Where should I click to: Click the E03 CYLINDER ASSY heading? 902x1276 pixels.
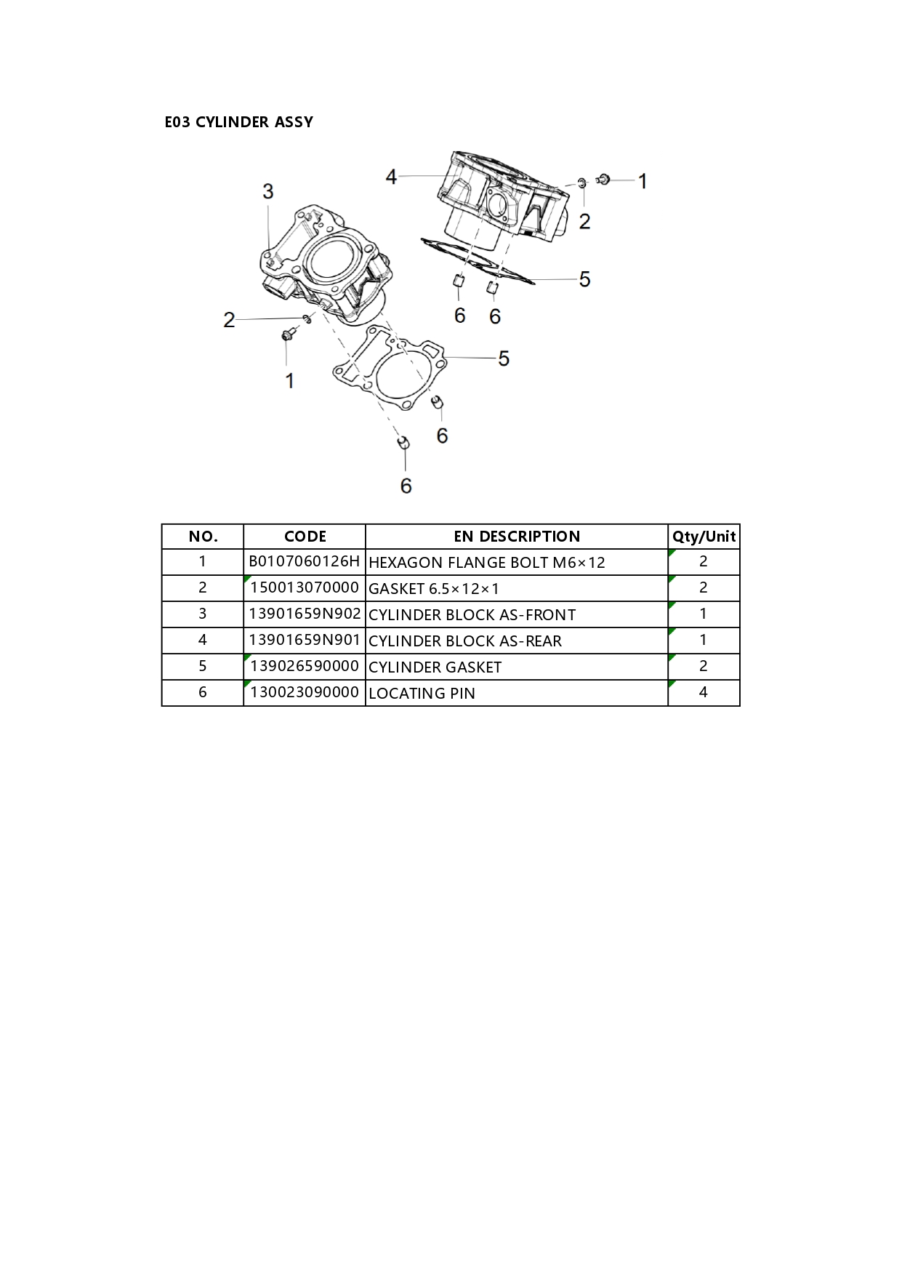coord(238,122)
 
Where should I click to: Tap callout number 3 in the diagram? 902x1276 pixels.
coord(268,191)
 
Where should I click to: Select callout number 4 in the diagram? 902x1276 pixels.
coord(391,177)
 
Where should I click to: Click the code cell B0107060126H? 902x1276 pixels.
coord(305,561)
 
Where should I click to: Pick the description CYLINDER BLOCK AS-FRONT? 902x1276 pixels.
coord(472,615)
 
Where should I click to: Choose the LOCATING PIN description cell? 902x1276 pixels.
coord(422,694)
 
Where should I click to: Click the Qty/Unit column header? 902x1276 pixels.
coord(704,537)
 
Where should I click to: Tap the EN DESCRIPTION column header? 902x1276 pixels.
coord(517,537)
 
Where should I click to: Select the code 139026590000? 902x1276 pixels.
coord(305,666)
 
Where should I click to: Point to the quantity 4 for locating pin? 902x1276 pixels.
coord(703,692)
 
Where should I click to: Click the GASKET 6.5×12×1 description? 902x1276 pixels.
coord(434,589)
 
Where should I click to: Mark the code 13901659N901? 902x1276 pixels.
coord(305,640)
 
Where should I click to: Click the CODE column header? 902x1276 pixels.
coord(305,537)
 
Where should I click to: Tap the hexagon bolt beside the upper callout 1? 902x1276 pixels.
coord(603,178)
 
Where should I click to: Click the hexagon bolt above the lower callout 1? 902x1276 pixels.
coord(288,334)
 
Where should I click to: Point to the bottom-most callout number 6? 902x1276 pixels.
coord(406,486)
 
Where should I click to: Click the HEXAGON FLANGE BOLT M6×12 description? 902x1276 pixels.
coord(487,563)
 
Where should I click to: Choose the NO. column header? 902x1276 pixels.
coord(203,537)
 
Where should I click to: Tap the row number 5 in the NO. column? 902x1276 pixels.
coord(203,666)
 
